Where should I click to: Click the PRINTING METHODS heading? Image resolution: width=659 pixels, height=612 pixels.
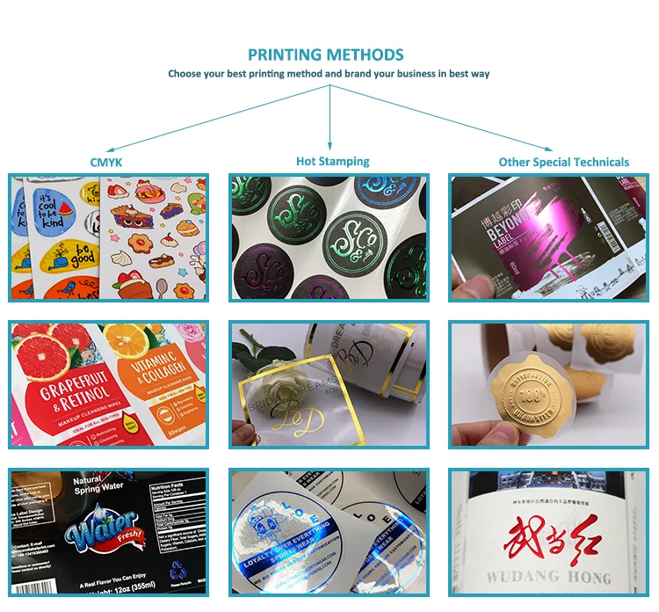[x=326, y=55]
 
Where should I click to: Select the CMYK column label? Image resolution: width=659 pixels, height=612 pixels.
[x=106, y=162]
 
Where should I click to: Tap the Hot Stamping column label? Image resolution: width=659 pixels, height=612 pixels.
[x=332, y=161]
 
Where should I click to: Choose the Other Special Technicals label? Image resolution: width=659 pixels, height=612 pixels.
[x=563, y=162]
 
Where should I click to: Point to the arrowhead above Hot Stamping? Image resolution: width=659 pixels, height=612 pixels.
[x=329, y=145]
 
